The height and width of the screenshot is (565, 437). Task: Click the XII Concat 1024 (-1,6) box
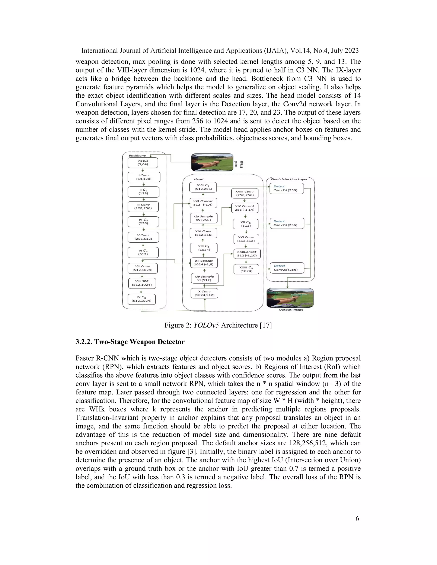click(204, 263)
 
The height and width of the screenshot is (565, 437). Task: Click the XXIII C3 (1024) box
click(246, 269)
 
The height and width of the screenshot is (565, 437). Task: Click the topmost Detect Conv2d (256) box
click(286, 188)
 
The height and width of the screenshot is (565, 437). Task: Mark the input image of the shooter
click(212, 162)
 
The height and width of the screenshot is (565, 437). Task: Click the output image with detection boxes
click(290, 298)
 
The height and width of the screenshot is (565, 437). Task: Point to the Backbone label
click(137, 155)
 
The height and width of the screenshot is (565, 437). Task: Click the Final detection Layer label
click(289, 179)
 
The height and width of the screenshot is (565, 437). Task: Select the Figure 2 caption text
click(218, 325)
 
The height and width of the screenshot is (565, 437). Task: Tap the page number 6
click(357, 519)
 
